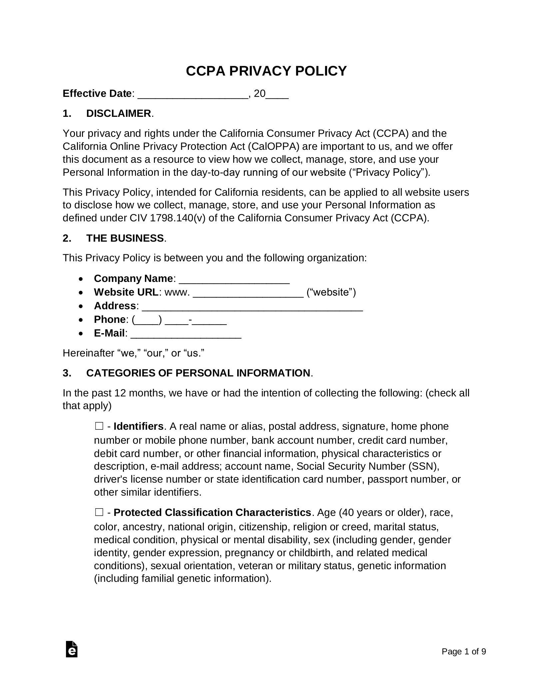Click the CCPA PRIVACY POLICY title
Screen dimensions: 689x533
[x=266, y=71]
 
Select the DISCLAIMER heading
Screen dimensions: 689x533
[x=119, y=114]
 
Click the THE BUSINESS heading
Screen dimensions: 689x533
[x=125, y=238]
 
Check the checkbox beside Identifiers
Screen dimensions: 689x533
[x=99, y=426]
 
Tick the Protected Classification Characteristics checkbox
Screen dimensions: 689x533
[x=99, y=512]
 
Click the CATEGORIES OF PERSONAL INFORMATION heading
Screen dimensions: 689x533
[x=198, y=373]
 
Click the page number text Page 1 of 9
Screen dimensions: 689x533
[x=464, y=652]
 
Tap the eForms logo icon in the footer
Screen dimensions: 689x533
[x=72, y=649]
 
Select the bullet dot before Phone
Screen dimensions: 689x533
[x=81, y=320]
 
